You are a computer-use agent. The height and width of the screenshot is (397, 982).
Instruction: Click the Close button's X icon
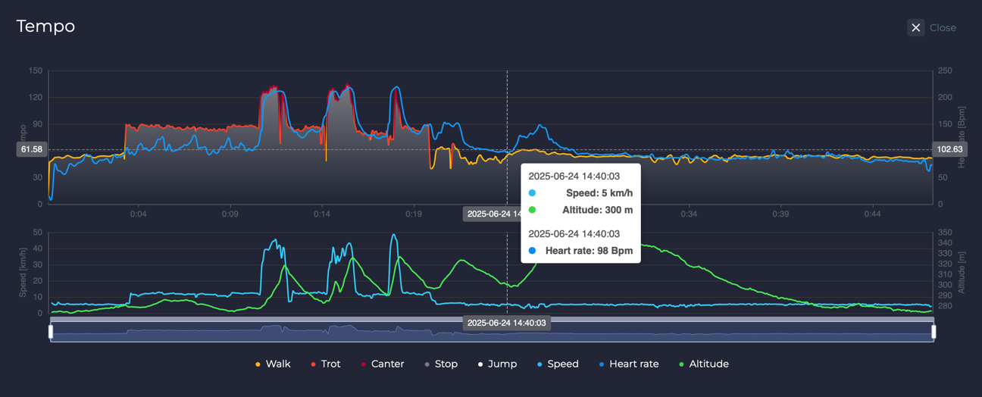pyautogui.click(x=915, y=28)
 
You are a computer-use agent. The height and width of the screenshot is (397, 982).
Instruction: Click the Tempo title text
pyautogui.click(x=45, y=27)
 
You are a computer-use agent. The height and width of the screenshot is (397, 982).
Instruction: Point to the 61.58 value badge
pyautogui.click(x=32, y=149)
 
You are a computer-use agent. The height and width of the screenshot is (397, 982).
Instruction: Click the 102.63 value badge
pyautogui.click(x=949, y=149)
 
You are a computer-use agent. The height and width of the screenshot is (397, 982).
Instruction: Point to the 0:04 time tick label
pyautogui.click(x=138, y=214)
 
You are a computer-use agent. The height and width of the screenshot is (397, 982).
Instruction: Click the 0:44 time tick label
pyautogui.click(x=872, y=214)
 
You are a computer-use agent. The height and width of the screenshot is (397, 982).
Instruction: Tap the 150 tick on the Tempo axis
pyautogui.click(x=35, y=71)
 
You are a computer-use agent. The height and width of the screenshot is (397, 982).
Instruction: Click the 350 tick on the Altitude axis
pyautogui.click(x=946, y=233)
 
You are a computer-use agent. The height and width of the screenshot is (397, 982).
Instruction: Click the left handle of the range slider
pyautogui.click(x=51, y=332)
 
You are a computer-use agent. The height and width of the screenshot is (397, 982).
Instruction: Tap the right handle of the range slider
pyautogui.click(x=934, y=332)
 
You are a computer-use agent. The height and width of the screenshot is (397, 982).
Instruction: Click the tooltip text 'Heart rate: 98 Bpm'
pyautogui.click(x=589, y=251)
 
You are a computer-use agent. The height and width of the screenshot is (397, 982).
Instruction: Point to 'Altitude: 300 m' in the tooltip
pyautogui.click(x=597, y=211)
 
